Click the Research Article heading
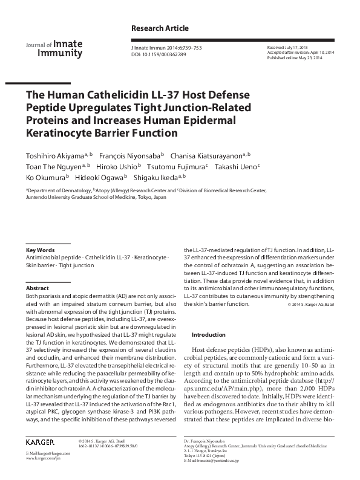pyautogui.click(x=160, y=28)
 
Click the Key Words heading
pyautogui.click(x=41, y=250)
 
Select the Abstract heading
pyautogui.click(x=37, y=289)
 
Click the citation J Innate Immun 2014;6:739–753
pyautogui.click(x=180, y=47)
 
